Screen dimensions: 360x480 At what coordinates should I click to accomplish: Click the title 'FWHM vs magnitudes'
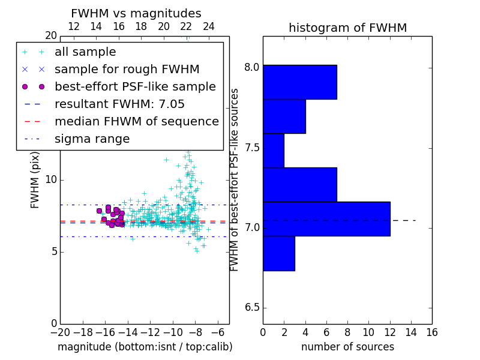pyautogui.click(x=136, y=13)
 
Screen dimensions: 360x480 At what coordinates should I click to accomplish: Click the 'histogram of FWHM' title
pyautogui.click(x=347, y=28)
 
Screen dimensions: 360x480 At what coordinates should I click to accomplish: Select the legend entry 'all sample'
pyautogui.click(x=85, y=52)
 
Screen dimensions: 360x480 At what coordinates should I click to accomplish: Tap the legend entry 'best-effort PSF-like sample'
pyautogui.click(x=135, y=86)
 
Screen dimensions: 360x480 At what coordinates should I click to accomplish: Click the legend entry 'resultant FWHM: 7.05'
pyautogui.click(x=119, y=104)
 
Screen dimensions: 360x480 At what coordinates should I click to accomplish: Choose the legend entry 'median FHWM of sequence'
pyautogui.click(x=136, y=121)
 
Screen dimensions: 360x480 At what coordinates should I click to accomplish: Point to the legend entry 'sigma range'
pyautogui.click(x=92, y=139)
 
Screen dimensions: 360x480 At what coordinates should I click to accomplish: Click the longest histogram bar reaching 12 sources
pyautogui.click(x=326, y=219)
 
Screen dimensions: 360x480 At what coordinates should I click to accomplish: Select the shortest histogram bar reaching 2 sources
pyautogui.click(x=274, y=150)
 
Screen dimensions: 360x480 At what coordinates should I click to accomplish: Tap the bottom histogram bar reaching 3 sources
pyautogui.click(x=279, y=253)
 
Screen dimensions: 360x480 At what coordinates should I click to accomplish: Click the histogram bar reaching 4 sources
pyautogui.click(x=284, y=116)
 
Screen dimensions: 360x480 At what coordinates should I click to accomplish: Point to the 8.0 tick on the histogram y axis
pyautogui.click(x=253, y=67)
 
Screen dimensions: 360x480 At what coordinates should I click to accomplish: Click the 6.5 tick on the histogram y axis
pyautogui.click(x=253, y=308)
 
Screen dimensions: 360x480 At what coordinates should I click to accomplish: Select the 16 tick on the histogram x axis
pyautogui.click(x=431, y=332)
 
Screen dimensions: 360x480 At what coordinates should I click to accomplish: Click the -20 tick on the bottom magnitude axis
pyautogui.click(x=59, y=332)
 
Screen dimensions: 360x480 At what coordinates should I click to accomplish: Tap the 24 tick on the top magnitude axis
pyautogui.click(x=209, y=26)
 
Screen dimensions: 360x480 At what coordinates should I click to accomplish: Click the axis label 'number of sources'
pyautogui.click(x=347, y=347)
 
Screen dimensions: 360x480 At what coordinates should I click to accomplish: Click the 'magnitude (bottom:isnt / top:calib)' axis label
pyautogui.click(x=145, y=347)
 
